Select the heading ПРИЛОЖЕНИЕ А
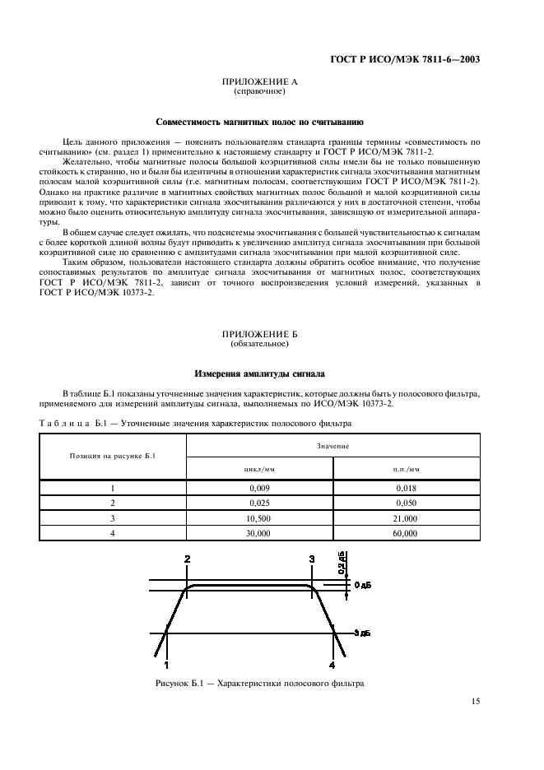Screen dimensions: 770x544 click(x=259, y=83)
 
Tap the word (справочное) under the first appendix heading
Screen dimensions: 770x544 click(x=259, y=92)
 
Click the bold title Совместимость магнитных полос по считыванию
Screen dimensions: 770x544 click(x=259, y=122)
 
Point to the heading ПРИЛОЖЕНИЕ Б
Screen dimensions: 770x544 click(x=259, y=335)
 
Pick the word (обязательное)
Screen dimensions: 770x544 click(x=259, y=344)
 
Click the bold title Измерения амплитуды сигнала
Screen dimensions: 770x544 click(x=259, y=373)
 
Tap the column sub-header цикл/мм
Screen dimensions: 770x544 click(x=259, y=468)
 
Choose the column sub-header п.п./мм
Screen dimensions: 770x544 click(x=406, y=468)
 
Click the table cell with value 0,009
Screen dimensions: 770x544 click(x=259, y=488)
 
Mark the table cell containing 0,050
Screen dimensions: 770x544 click(x=406, y=503)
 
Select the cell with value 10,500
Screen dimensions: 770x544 click(x=259, y=518)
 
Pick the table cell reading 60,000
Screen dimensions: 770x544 click(x=406, y=533)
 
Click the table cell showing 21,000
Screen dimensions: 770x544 click(x=406, y=518)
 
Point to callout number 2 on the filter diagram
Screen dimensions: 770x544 click(x=187, y=559)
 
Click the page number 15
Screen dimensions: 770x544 click(x=475, y=701)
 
